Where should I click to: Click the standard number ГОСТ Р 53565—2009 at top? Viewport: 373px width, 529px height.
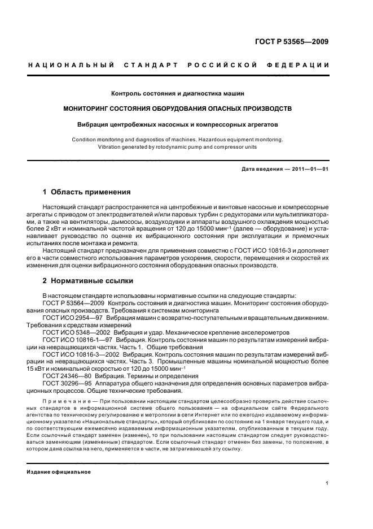coord(292,41)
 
